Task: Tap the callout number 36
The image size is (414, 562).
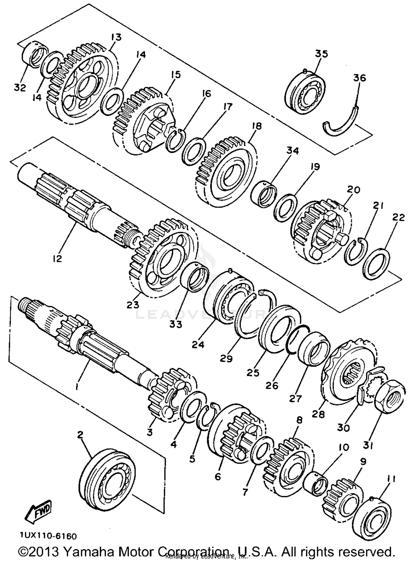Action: (359, 78)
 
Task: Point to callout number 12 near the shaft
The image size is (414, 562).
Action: (57, 259)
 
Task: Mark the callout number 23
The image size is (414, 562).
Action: (133, 305)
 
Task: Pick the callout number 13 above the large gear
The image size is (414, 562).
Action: (116, 37)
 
